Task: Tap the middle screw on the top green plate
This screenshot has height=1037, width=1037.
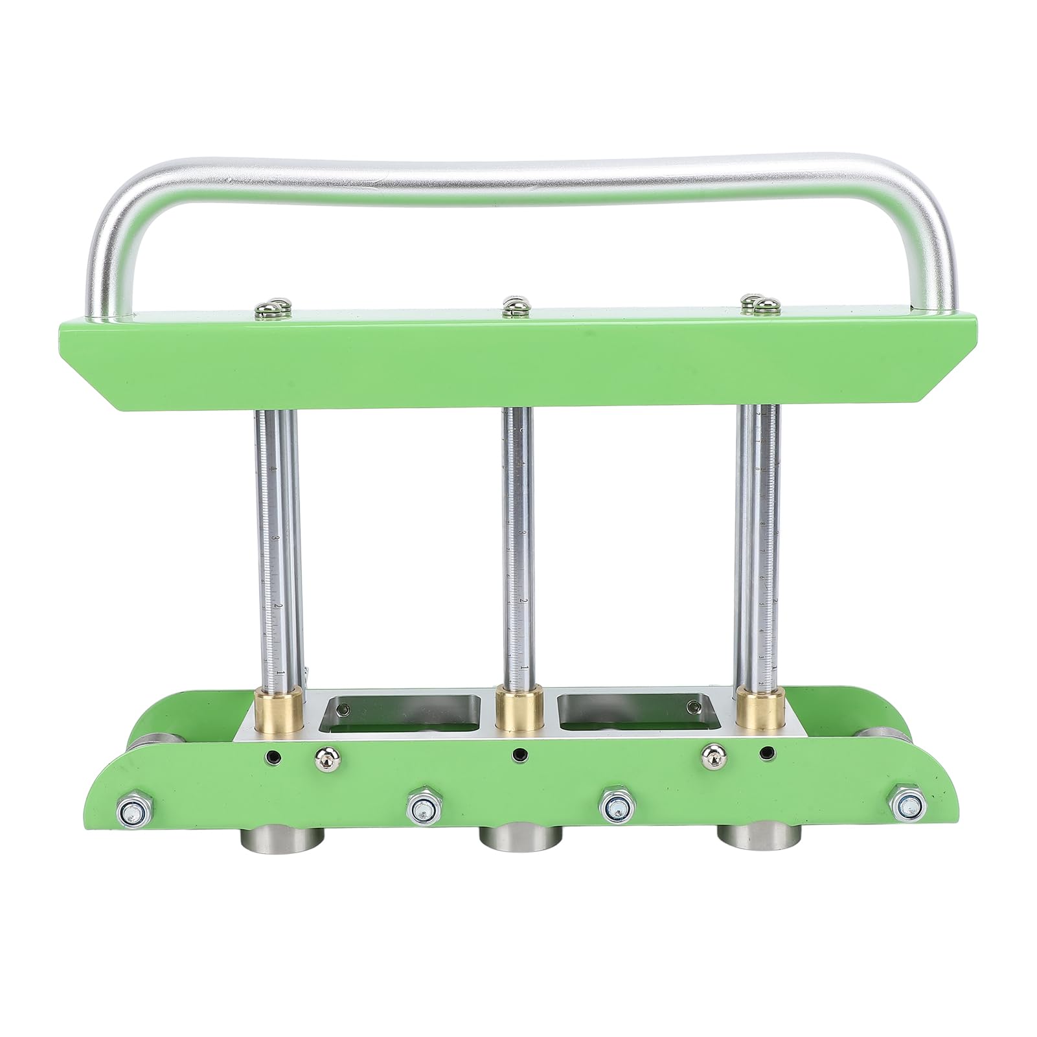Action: click(513, 303)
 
